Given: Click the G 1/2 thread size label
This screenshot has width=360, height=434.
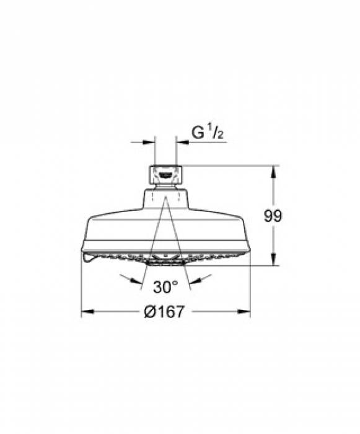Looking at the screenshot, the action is [207, 131].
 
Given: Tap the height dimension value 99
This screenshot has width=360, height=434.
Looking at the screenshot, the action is [273, 216].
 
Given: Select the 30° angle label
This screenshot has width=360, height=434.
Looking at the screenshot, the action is [166, 286].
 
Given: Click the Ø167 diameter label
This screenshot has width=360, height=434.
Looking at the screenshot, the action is [164, 312].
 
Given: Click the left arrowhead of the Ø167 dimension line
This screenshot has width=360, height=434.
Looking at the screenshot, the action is [88, 312].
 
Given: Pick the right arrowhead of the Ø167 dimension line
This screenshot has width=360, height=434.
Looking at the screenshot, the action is [244, 312].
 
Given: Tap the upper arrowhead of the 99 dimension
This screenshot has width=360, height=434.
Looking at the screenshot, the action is [273, 172].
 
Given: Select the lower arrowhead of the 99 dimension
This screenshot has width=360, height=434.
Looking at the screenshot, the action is [273, 259].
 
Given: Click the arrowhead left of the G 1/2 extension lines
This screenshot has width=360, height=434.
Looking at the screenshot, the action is [149, 143].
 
